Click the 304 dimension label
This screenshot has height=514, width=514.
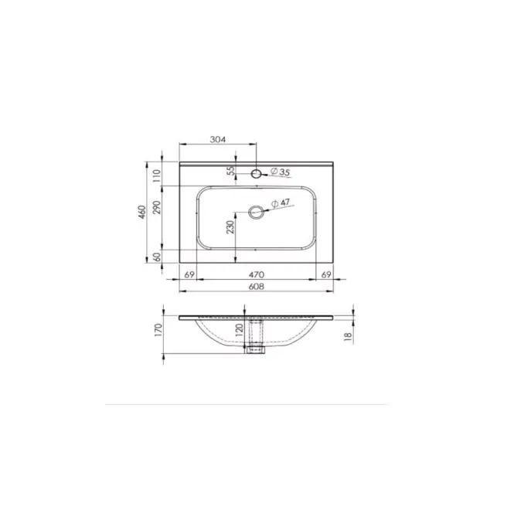click(218, 139)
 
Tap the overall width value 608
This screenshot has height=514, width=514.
click(256, 287)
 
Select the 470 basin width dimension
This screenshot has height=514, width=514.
click(256, 274)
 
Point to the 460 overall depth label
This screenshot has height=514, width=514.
click(141, 212)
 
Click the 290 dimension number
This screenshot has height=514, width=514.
click(158, 207)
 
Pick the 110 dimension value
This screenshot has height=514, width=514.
click(158, 175)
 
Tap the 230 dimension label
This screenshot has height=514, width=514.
click(231, 226)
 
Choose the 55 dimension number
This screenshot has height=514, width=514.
click(231, 171)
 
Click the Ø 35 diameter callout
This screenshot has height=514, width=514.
click(281, 172)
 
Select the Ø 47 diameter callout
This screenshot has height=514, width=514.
click(281, 203)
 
